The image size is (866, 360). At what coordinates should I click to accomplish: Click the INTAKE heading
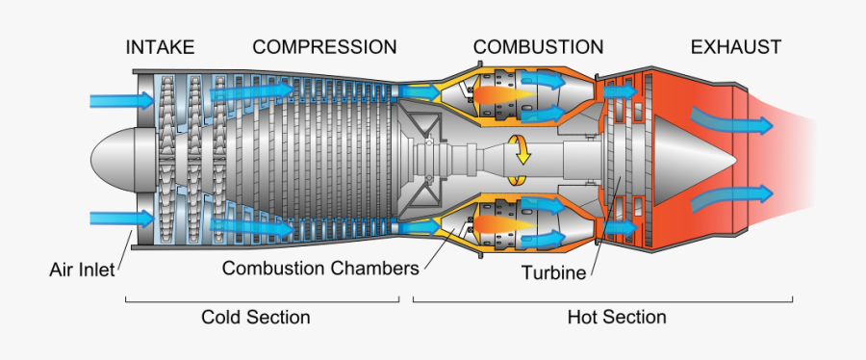[160, 47]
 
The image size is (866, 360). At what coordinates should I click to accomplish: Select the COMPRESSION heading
[324, 47]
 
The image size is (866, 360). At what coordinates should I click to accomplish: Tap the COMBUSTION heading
[538, 47]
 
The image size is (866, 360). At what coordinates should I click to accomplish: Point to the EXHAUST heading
[735, 47]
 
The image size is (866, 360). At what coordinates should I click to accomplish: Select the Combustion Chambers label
[319, 269]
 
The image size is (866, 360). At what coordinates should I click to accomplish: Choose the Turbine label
[553, 272]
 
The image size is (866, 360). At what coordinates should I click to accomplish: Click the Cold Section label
[256, 318]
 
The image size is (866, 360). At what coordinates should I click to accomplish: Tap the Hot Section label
[617, 318]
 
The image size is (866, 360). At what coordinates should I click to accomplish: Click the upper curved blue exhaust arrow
[731, 121]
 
